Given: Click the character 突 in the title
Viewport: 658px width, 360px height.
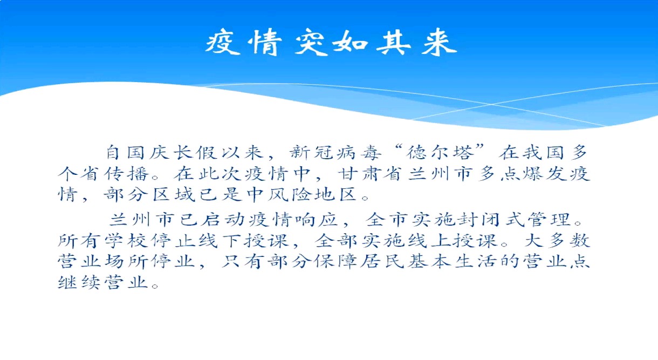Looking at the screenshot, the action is point(311,43).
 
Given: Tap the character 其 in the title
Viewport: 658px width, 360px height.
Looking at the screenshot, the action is point(394,43).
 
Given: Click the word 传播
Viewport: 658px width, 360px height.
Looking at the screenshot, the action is point(127,174).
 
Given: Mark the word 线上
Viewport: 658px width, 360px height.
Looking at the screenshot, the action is point(428,240).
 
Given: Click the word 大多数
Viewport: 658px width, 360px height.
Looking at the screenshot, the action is point(558,240).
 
